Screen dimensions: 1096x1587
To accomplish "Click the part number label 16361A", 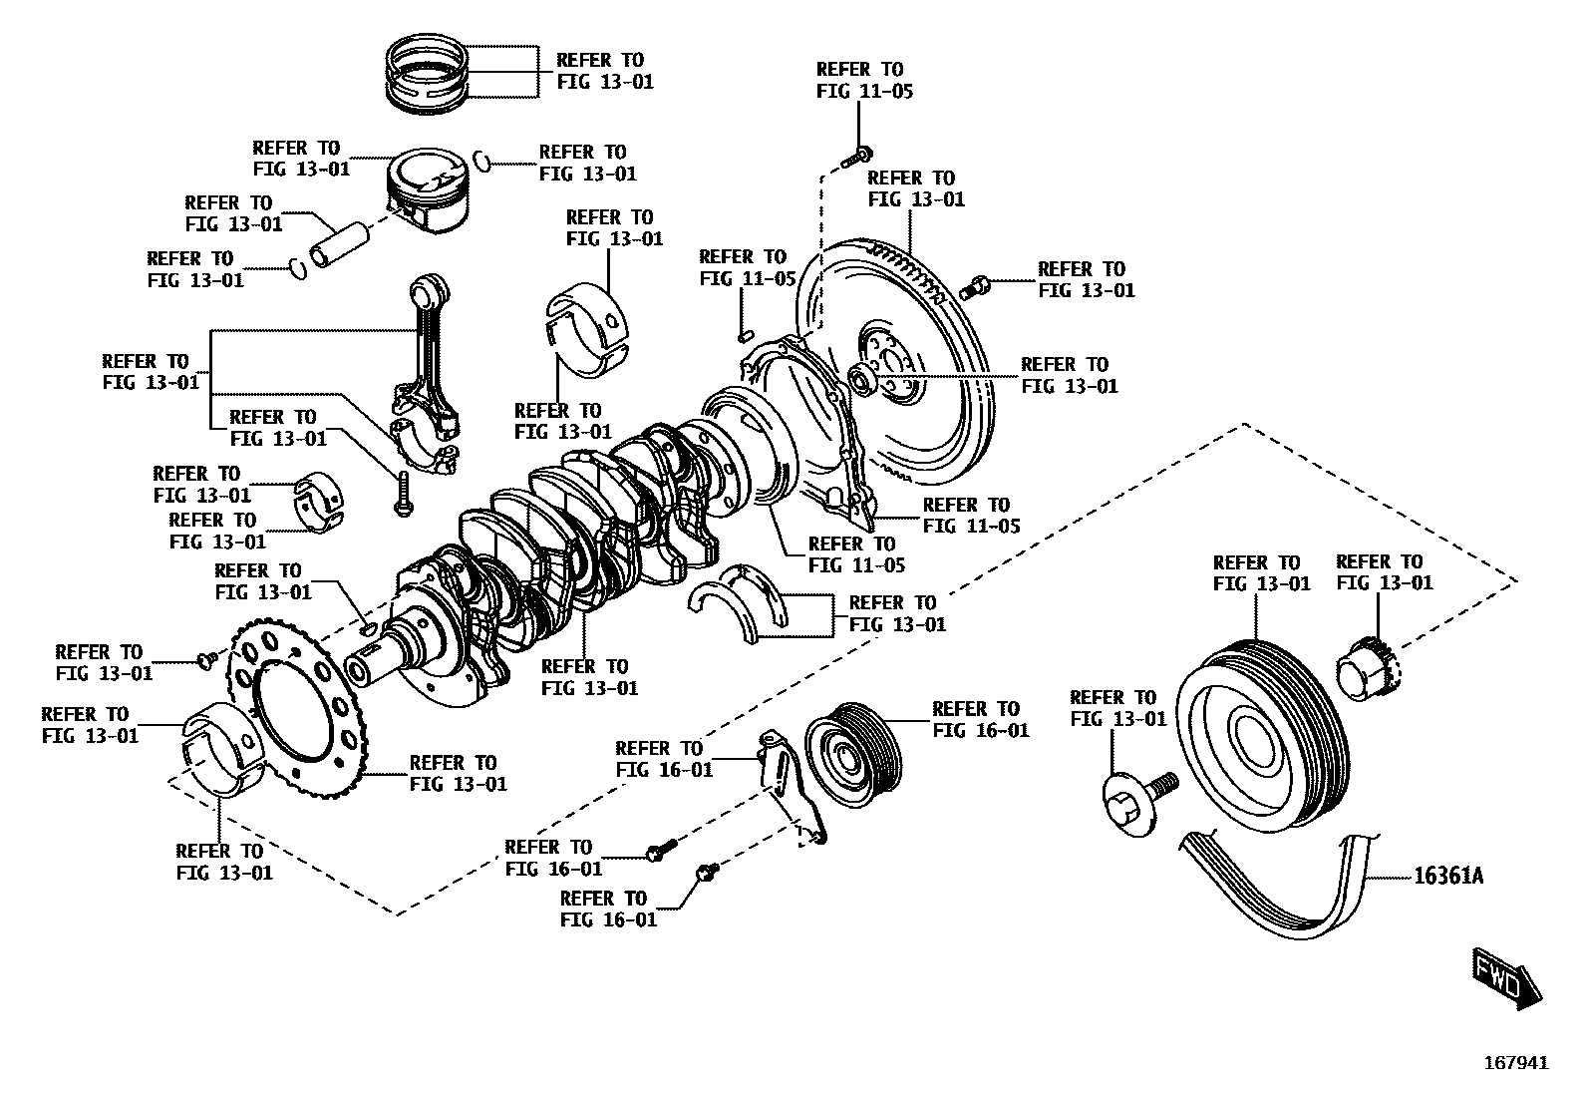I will (1448, 877).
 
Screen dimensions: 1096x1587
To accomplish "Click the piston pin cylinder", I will (339, 245).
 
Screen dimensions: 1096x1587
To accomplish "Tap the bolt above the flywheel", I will (856, 156).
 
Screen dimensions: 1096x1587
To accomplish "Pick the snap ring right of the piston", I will (480, 160).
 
